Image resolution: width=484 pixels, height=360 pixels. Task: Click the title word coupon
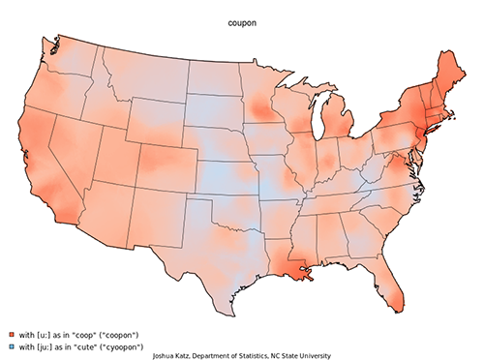pos(242,16)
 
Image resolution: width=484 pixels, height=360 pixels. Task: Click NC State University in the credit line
pos(300,355)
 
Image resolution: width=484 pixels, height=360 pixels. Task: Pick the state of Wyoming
pos(155,116)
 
